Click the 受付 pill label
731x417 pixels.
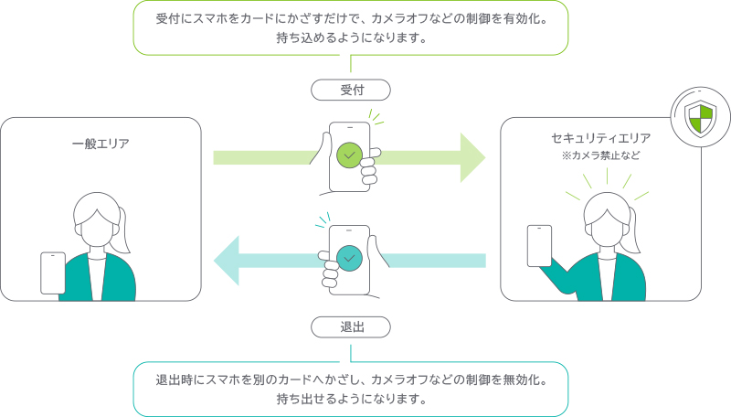[352, 90]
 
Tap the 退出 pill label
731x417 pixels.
[352, 326]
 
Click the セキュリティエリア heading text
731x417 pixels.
[600, 138]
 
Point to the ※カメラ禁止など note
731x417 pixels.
[600, 155]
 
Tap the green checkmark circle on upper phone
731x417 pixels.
[349, 155]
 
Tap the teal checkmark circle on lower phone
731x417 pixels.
[349, 259]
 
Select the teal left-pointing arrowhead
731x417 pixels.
[228, 260]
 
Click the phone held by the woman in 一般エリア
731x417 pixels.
[53, 273]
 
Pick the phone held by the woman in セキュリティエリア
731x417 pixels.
[539, 245]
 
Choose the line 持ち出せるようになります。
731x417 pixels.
[351, 401]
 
